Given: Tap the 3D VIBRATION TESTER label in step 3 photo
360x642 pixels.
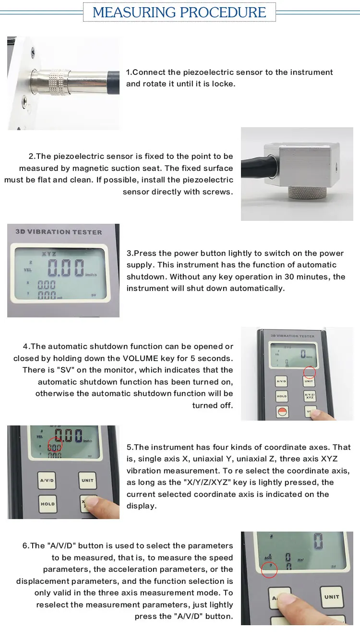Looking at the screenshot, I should click(x=59, y=232).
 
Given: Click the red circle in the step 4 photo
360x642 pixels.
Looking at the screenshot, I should click(x=310, y=372).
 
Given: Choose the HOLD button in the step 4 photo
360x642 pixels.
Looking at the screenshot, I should click(x=282, y=396).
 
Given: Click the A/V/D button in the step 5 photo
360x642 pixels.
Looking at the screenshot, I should click(x=47, y=480).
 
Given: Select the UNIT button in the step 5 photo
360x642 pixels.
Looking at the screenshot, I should click(x=87, y=480).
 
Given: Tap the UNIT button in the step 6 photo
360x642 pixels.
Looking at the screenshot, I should click(x=331, y=597).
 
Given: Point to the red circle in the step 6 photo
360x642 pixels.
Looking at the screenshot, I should click(x=269, y=570).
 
